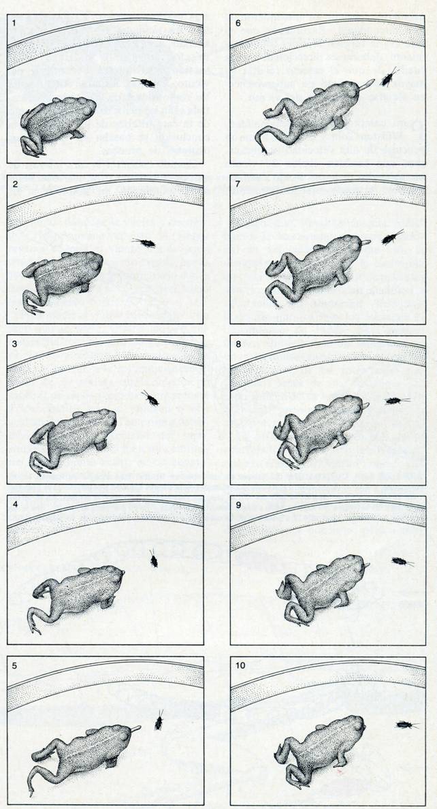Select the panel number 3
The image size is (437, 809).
pyautogui.click(x=14, y=343)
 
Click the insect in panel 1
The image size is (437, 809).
pyautogui.click(x=145, y=82)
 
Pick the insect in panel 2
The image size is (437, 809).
pyautogui.click(x=145, y=242)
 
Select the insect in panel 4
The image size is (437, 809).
pyautogui.click(x=154, y=560)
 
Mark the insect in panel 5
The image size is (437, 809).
pyautogui.click(x=159, y=720)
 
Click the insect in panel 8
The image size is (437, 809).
pyautogui.click(x=395, y=400)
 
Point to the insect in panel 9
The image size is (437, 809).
pyautogui.click(x=401, y=562)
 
